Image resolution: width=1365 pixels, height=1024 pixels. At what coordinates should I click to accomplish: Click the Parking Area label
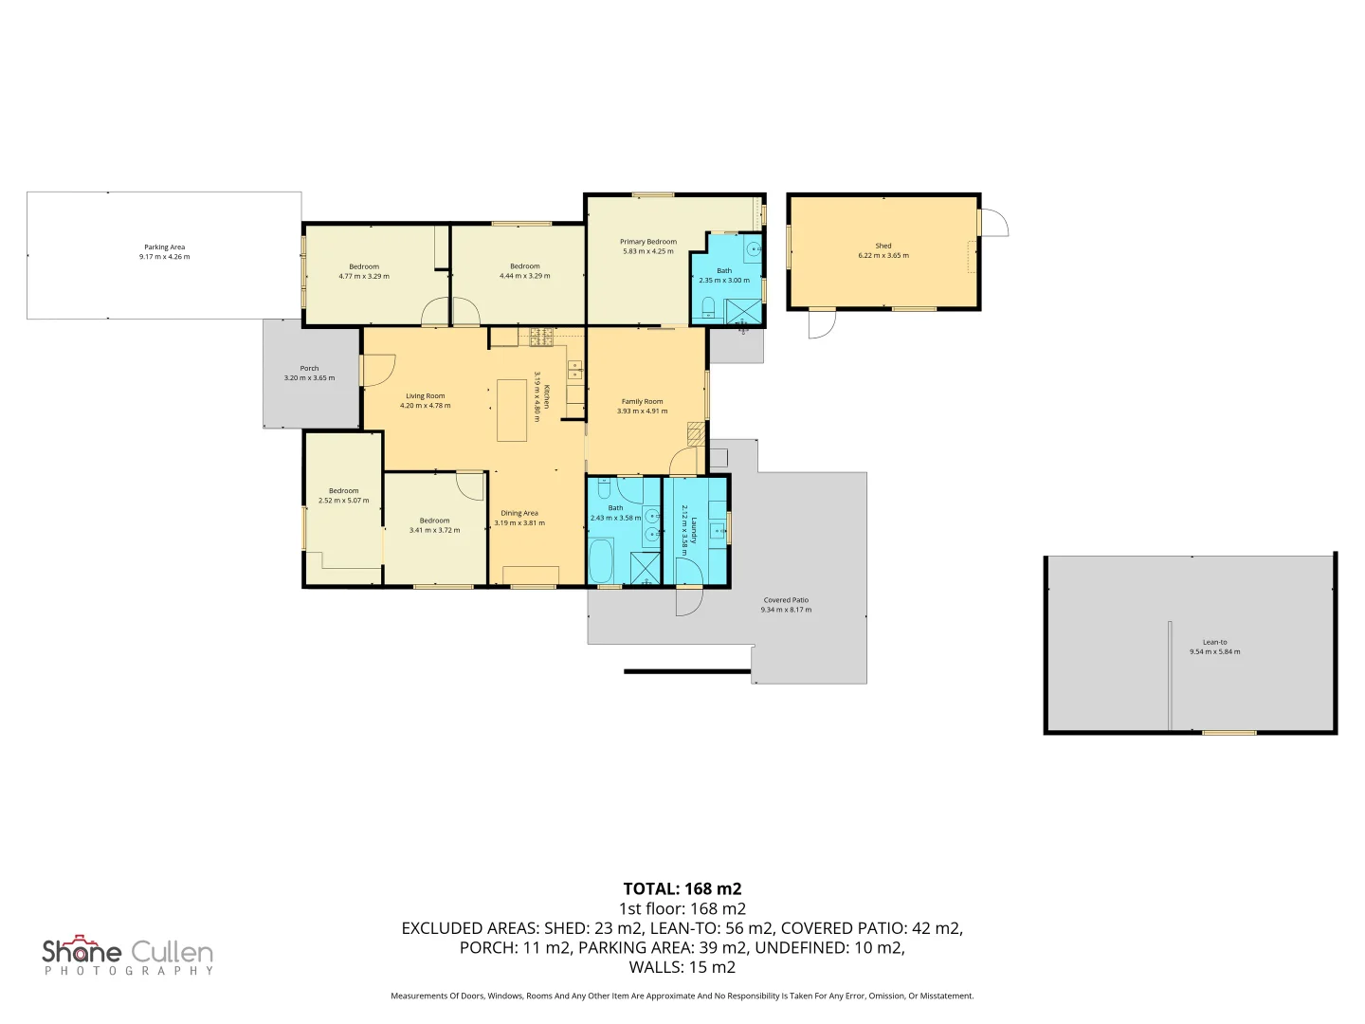(164, 247)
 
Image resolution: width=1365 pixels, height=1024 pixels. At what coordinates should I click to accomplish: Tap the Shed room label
(883, 246)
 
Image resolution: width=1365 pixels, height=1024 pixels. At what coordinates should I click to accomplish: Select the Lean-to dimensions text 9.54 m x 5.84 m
(1214, 651)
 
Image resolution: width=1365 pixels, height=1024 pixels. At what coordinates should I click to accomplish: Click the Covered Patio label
(786, 600)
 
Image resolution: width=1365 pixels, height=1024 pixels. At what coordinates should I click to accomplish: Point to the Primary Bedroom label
(648, 242)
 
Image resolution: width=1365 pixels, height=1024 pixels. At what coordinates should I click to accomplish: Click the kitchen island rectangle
(512, 410)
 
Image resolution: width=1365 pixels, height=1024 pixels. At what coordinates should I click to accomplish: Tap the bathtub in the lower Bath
(601, 561)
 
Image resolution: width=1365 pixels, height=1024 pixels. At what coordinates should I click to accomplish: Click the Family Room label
(642, 401)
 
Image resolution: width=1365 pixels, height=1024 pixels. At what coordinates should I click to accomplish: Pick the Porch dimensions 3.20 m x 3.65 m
(309, 378)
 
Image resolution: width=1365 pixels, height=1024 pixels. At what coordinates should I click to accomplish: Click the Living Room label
(425, 396)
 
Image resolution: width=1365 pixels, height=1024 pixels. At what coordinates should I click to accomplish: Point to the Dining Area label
(519, 513)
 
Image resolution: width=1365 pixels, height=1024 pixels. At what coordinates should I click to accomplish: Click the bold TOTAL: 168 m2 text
(682, 888)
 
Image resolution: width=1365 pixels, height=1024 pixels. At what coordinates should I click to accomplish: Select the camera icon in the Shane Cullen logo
(85, 941)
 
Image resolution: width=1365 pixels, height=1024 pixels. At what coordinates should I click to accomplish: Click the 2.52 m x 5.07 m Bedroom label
(343, 491)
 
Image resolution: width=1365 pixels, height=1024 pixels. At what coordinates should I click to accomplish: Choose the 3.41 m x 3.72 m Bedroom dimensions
(434, 530)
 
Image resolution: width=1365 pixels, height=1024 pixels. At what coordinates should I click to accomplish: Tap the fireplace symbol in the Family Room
(696, 433)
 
